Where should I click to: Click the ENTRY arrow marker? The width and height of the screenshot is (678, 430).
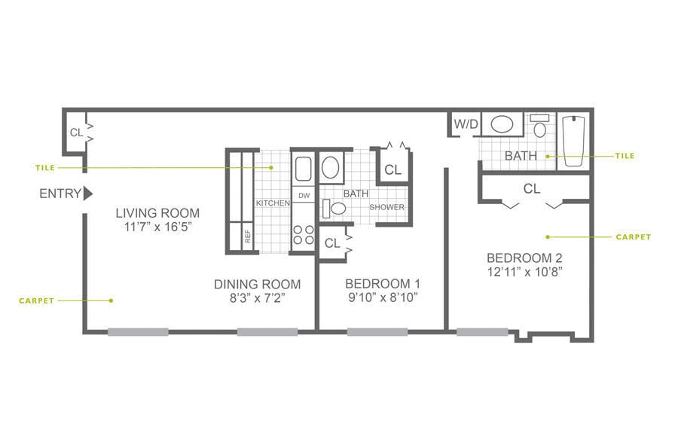click(87, 194)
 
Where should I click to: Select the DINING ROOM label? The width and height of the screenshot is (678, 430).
click(257, 284)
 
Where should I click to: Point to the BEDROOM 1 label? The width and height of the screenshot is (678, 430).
click(382, 284)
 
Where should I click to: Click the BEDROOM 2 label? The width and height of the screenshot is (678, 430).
click(524, 256)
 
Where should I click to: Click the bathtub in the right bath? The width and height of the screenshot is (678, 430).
click(575, 141)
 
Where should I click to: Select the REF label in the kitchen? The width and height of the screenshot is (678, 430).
click(247, 236)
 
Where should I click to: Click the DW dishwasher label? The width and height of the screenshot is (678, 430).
click(304, 196)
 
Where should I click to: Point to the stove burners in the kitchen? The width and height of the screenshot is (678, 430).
click(304, 235)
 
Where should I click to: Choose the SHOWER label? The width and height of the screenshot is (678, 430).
click(387, 207)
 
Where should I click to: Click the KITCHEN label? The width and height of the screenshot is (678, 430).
click(273, 203)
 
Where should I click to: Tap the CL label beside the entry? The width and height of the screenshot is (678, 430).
click(76, 133)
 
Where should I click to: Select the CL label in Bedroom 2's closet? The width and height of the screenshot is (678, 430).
click(532, 189)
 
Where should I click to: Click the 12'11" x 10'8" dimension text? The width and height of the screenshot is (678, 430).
click(524, 270)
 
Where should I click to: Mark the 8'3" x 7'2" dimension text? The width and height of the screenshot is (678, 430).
click(257, 298)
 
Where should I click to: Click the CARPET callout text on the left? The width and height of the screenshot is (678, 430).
click(36, 300)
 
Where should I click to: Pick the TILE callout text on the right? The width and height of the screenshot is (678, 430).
click(625, 156)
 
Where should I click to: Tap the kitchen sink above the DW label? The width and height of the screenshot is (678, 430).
click(303, 169)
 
